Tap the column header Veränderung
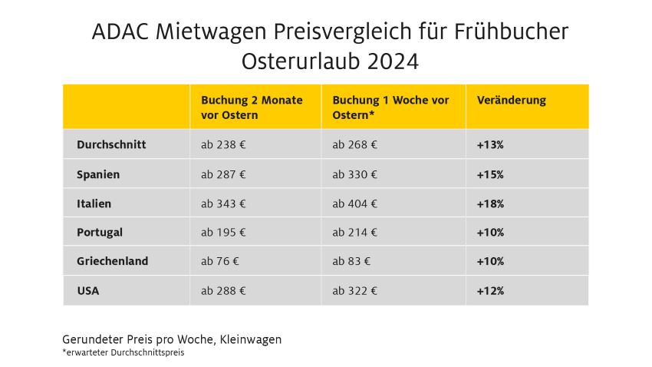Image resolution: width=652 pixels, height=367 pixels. pos(511,101)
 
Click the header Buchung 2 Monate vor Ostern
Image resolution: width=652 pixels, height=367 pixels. pos(252,107)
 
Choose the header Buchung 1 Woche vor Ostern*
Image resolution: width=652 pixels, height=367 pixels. pos(390,107)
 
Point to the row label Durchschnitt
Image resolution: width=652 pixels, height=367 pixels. pos(111,144)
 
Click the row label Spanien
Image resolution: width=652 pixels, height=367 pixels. pos(98,174)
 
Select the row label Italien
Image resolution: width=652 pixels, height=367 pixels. pos(94,203)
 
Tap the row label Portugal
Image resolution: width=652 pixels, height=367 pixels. pos(100,232)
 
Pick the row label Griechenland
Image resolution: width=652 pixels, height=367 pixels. pos(113,261)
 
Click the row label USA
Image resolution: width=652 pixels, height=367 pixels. pos(88,291)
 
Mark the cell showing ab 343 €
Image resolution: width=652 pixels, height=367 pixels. pos(223,203)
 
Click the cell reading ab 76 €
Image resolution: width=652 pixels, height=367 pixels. pos(220,261)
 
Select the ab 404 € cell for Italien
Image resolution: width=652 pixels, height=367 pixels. pos(354,203)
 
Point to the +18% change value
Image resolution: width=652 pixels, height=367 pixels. pos(490,203)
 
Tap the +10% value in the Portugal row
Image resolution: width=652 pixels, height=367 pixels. pos(490,232)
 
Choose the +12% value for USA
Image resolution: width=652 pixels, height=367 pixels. pos(490,291)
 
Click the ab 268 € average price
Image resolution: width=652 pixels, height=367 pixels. pos(354,144)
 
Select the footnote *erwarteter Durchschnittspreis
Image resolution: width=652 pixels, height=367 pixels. pos(123,352)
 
